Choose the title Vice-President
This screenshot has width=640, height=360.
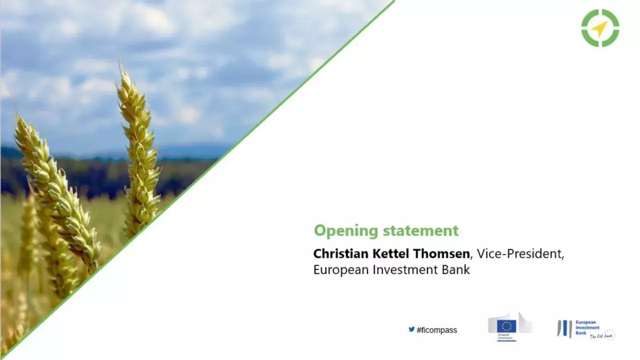click(x=520, y=254)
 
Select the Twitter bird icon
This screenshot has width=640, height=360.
click(x=411, y=329)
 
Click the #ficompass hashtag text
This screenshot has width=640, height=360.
click(x=436, y=330)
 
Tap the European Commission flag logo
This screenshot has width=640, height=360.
click(x=506, y=326)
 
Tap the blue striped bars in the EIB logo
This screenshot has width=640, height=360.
click(x=565, y=328)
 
